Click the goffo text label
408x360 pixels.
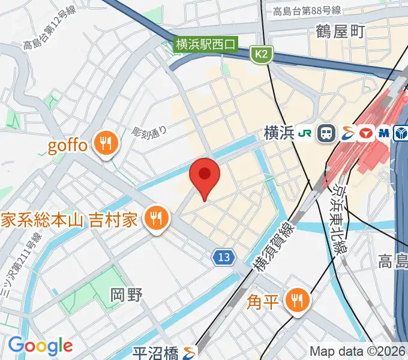67,146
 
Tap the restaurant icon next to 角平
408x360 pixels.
296,299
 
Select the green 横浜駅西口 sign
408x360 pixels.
206,44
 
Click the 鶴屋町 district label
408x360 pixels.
340,32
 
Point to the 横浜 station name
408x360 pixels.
278,133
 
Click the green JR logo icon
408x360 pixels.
306,133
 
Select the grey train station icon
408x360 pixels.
327,133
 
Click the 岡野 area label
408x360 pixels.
127,295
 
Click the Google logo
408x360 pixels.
40,346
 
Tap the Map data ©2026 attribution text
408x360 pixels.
358,351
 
